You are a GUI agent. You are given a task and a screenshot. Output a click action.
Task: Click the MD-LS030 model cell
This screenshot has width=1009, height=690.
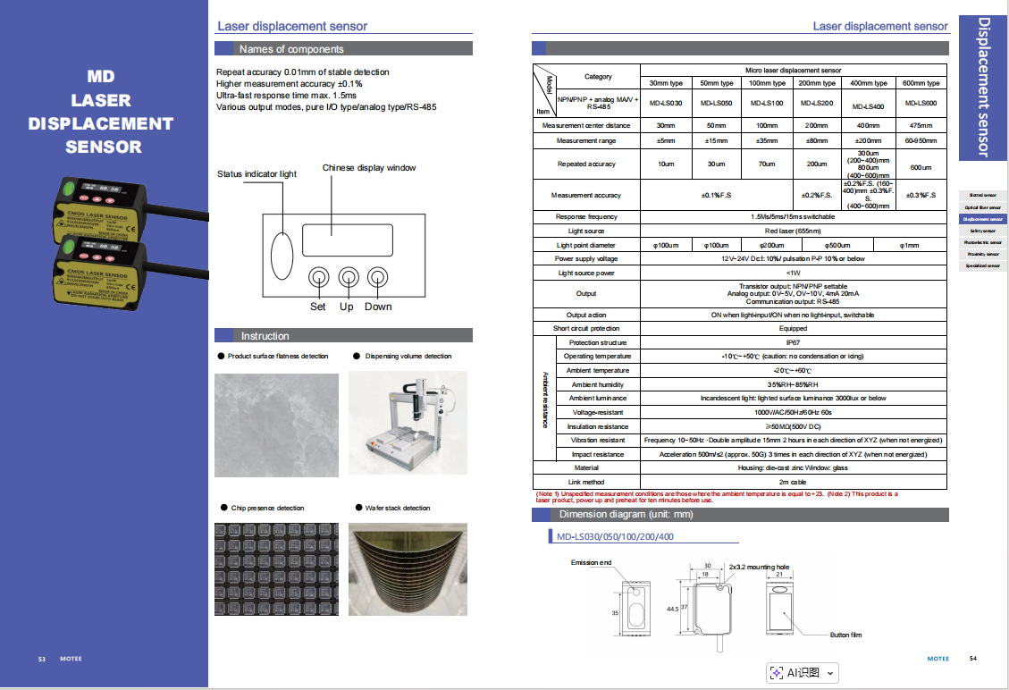[x=666, y=104]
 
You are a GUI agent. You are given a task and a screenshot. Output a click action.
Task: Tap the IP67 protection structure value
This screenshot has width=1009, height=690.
[x=793, y=342]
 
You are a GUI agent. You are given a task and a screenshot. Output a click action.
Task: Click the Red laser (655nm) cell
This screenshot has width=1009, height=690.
[x=793, y=231]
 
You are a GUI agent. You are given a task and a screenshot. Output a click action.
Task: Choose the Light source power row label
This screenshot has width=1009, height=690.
[x=586, y=273]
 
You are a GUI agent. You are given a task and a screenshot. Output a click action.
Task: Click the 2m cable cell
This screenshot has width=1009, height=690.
[x=793, y=482]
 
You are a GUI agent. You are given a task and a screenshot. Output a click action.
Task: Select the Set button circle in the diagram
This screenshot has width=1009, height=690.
[x=318, y=277]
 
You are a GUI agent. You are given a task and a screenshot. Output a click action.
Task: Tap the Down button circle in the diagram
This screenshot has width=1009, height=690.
[x=378, y=277]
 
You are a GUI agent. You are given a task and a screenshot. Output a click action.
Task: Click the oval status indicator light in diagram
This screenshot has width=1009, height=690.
[x=282, y=254]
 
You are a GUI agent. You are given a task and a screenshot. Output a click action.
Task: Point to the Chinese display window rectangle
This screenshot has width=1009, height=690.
[x=344, y=240]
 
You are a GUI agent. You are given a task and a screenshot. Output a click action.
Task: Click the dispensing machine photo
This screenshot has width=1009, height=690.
[x=408, y=424]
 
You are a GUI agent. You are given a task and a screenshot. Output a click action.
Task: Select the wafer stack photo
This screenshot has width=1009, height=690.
[x=408, y=569]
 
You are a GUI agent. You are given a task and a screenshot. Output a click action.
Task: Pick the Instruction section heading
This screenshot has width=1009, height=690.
[x=265, y=336]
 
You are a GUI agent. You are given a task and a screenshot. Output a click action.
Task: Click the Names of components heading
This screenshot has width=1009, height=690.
[x=291, y=49]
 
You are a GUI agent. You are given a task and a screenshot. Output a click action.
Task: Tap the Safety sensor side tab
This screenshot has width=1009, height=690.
[x=982, y=231]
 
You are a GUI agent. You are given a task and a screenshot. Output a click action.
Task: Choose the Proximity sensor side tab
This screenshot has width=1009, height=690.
[x=982, y=254]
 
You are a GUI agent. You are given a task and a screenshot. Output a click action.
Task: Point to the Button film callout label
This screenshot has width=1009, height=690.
[x=845, y=635]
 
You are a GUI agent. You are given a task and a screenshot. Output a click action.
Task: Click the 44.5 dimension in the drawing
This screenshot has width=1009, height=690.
[x=672, y=608]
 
